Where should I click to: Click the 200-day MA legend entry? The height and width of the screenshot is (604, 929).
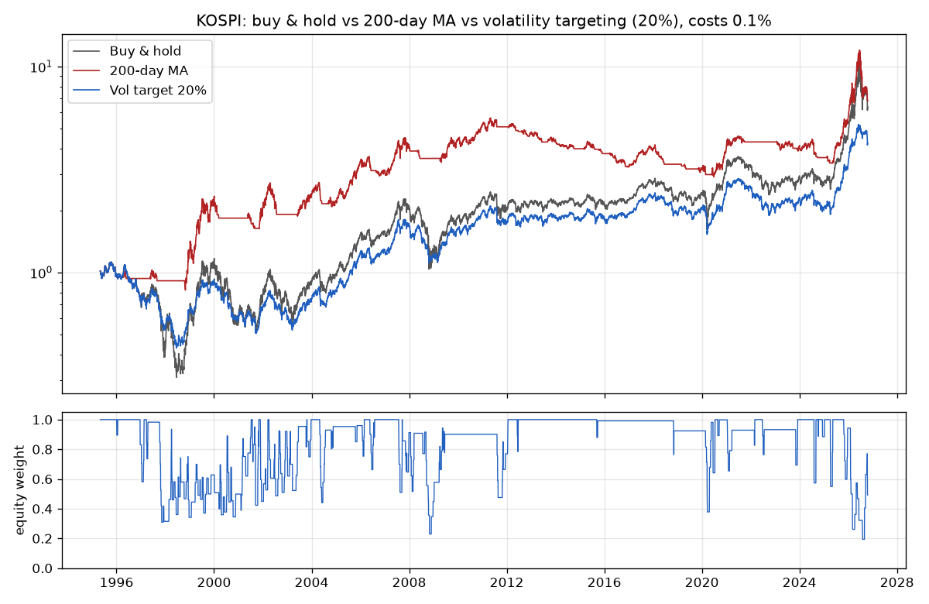pyautogui.click(x=130, y=70)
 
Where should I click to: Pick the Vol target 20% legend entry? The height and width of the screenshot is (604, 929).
pyautogui.click(x=139, y=90)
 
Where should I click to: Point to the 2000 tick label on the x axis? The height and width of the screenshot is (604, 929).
pyautogui.click(x=214, y=582)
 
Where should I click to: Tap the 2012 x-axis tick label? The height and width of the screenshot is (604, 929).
pyautogui.click(x=507, y=582)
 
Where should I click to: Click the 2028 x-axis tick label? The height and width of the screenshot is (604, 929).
pyautogui.click(x=897, y=582)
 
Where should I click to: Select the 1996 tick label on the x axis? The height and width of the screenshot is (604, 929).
pyautogui.click(x=117, y=582)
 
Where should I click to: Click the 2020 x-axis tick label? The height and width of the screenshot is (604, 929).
pyautogui.click(x=702, y=582)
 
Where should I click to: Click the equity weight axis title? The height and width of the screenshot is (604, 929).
pyautogui.click(x=19, y=490)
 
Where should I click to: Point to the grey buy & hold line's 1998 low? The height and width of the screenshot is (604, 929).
pyautogui.click(x=177, y=376)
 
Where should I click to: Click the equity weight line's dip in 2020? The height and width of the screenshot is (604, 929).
pyautogui.click(x=708, y=512)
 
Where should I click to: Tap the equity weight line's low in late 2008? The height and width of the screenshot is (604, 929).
pyautogui.click(x=430, y=534)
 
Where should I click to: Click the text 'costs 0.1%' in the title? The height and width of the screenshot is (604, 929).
pyautogui.click(x=729, y=21)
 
